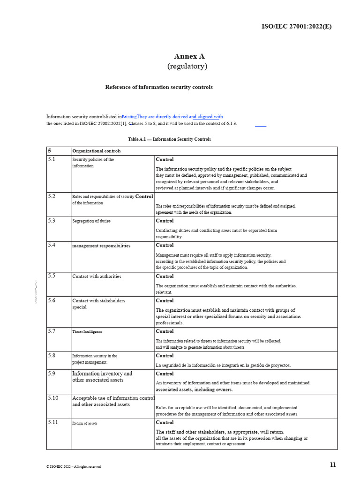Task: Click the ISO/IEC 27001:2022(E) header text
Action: tap(296, 26)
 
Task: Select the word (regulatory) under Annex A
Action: tap(187, 67)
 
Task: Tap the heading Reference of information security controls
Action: tap(158, 87)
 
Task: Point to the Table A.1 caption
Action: tap(169, 139)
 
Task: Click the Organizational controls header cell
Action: tap(97, 151)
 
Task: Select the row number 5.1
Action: tap(52, 159)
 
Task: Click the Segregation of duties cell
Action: tap(91, 221)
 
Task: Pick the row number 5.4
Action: tap(52, 245)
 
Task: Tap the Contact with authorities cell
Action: tap(97, 277)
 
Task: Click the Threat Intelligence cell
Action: tap(87, 331)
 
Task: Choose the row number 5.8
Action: tap(52, 356)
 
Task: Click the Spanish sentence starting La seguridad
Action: tap(223, 365)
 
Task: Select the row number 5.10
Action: tap(53, 398)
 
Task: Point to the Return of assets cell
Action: tap(85, 423)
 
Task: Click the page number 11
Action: tap(333, 465)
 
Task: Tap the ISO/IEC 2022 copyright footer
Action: tap(73, 466)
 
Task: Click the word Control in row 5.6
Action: tap(165, 300)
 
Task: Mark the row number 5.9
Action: tap(52, 374)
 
